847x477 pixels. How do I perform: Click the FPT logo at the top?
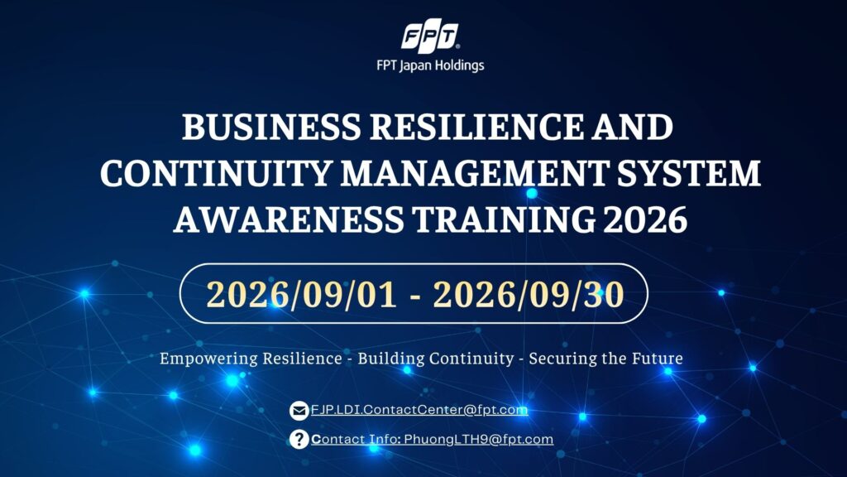(430, 36)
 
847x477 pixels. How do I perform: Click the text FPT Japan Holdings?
(430, 65)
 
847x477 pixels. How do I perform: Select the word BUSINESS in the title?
(270, 127)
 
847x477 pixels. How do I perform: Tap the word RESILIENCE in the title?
(476, 127)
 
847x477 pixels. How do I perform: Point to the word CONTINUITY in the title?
(215, 174)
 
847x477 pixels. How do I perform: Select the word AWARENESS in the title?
(289, 219)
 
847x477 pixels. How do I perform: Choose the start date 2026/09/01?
(301, 295)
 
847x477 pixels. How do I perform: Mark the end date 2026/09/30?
(529, 295)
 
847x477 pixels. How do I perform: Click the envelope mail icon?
(299, 411)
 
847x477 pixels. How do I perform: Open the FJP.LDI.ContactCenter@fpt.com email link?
(419, 410)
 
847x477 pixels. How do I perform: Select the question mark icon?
(299, 439)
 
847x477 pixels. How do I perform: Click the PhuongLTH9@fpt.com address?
(479, 439)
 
